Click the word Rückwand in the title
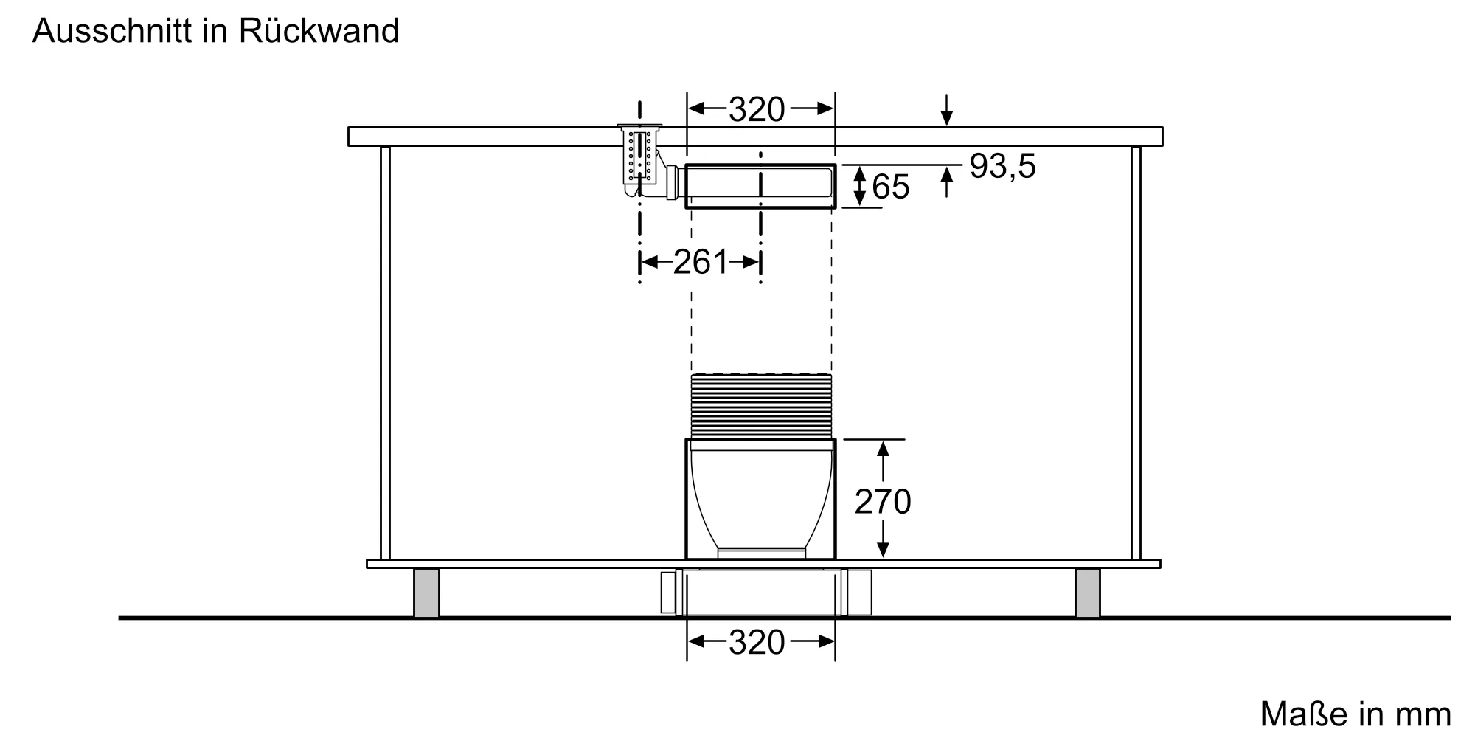click(319, 31)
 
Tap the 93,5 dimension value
click(1002, 166)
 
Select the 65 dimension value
click(890, 187)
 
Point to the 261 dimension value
click(700, 262)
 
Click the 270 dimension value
click(883, 502)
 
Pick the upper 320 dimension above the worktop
click(757, 110)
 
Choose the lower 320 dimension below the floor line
click(757, 643)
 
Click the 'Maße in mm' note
click(1356, 714)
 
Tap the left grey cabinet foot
click(426, 593)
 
